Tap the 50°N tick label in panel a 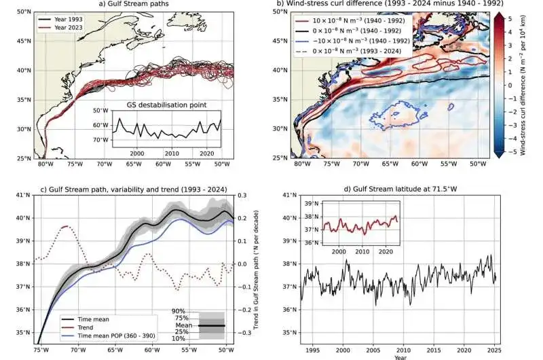[x=24, y=12]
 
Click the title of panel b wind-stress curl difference [x=389, y=5]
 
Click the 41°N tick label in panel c [x=24, y=195]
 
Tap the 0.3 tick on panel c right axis [x=242, y=195]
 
